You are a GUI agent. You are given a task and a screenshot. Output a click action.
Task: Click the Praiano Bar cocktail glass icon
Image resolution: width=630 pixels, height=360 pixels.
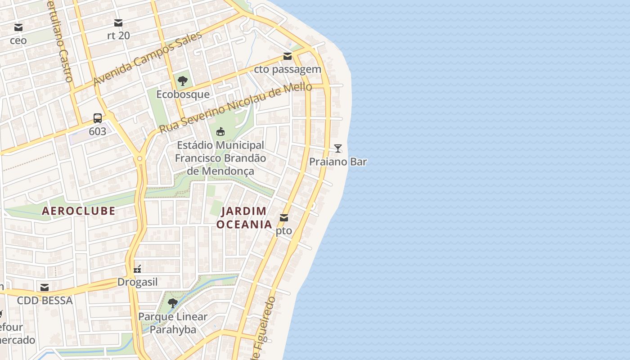(x=338, y=148)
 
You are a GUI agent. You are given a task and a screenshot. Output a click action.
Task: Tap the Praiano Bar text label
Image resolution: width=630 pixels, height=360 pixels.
(x=338, y=162)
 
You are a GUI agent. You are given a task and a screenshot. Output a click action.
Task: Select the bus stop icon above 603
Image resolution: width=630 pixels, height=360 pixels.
(x=98, y=118)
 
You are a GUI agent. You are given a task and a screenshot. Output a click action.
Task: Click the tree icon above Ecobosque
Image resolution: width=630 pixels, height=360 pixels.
(x=183, y=81)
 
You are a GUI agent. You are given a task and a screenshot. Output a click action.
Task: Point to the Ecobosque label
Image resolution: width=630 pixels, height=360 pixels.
(x=183, y=94)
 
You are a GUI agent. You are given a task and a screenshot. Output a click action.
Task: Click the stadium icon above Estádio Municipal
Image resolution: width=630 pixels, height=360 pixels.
(x=220, y=132)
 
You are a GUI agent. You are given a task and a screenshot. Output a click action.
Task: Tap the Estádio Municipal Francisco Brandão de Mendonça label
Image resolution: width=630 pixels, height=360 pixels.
(x=220, y=158)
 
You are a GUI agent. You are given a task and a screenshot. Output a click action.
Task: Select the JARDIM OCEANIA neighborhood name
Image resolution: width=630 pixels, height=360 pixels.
(x=244, y=217)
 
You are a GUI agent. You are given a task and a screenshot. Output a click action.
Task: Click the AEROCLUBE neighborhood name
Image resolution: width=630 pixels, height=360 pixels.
(x=79, y=211)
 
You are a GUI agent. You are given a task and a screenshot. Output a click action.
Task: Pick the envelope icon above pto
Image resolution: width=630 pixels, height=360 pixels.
(x=284, y=218)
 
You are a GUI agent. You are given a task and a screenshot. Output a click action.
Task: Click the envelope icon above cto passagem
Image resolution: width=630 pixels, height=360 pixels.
(x=287, y=56)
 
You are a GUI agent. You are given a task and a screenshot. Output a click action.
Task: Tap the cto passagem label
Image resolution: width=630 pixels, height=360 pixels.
(x=288, y=69)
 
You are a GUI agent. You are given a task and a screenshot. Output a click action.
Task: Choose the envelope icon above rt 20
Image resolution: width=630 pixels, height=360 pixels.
(x=118, y=22)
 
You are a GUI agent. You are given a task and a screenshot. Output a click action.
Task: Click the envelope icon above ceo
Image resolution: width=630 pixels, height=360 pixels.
(x=18, y=27)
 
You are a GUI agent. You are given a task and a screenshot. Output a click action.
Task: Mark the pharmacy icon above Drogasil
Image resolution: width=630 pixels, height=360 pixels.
(x=138, y=269)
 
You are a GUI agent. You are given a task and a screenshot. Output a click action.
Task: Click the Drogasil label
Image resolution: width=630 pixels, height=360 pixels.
(x=138, y=282)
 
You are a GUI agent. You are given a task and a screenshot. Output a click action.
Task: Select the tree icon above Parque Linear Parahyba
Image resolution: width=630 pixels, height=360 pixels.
(x=172, y=303)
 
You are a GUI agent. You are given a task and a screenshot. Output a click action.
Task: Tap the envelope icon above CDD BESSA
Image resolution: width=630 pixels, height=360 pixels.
(x=45, y=287)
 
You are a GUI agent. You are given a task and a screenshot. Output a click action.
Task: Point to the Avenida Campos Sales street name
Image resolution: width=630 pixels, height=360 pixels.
(x=147, y=59)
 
